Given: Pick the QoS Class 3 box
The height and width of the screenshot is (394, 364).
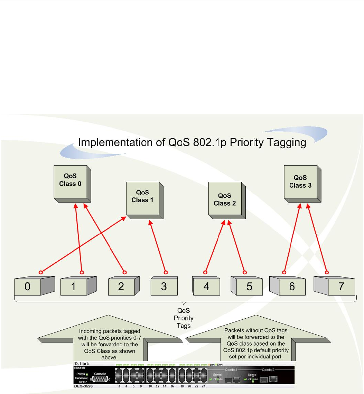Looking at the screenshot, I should pos(300,181).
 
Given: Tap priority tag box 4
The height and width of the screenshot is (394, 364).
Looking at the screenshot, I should pos(206,287).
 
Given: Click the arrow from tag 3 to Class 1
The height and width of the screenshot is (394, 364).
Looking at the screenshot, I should pos(158,247).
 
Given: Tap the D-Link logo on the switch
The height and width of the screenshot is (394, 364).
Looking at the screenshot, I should pos(82,364).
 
